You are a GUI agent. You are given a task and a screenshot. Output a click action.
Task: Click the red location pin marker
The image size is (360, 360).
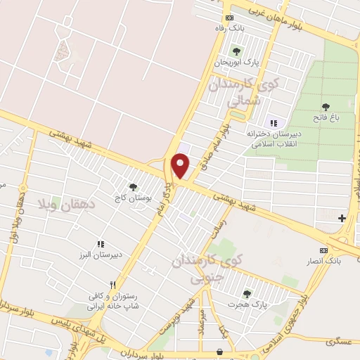181,166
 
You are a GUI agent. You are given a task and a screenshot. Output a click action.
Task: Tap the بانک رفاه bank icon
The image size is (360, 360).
229,18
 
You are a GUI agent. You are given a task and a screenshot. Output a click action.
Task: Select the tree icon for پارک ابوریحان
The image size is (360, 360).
236,51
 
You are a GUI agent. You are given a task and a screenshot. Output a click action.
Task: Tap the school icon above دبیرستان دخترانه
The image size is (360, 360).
274,123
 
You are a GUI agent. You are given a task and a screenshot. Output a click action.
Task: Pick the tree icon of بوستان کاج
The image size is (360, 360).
132,187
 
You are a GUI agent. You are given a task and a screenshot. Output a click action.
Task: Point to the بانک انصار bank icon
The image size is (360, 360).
323,251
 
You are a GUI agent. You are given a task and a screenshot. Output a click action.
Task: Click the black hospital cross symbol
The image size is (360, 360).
342,219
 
